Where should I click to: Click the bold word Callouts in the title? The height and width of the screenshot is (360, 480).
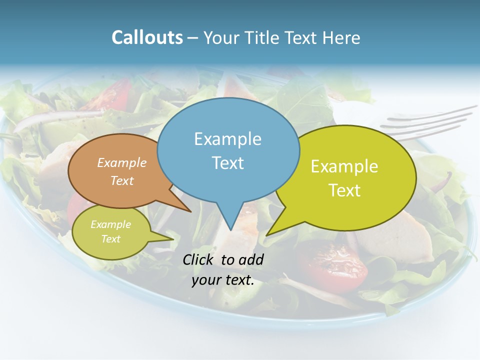tap(147, 37)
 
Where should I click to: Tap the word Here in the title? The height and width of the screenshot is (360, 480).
tap(341, 37)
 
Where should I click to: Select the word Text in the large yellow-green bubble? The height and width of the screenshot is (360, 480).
tap(344, 190)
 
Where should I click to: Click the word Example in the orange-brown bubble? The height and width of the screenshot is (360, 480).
tap(121, 162)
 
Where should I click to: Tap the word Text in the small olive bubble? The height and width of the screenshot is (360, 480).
tap(110, 239)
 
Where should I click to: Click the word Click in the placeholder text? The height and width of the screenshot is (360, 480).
tap(199, 259)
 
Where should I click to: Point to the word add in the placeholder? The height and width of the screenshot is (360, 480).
tap(250, 259)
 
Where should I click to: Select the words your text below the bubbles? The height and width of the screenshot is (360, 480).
tap(223, 280)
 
